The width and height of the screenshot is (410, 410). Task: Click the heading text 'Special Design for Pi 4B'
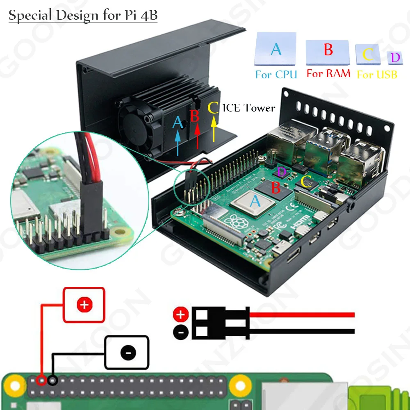(83, 16)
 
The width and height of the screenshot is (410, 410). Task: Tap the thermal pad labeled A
(276, 49)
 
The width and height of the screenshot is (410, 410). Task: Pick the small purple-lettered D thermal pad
(395, 58)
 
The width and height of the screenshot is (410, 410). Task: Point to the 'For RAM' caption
(328, 74)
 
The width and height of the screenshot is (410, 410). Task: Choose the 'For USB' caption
(377, 75)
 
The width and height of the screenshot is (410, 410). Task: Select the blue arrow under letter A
(178, 141)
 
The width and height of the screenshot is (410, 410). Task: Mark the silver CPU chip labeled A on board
(251, 202)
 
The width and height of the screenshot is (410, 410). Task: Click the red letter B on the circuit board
(276, 188)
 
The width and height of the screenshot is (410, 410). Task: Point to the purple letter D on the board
(281, 172)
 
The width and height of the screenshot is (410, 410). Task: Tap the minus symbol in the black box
(128, 352)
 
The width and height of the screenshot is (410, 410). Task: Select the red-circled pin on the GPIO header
(41, 380)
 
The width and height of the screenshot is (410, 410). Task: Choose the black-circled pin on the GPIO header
(52, 380)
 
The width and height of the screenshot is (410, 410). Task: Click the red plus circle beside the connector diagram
(181, 315)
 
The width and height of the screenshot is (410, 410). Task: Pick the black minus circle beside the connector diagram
(181, 332)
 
